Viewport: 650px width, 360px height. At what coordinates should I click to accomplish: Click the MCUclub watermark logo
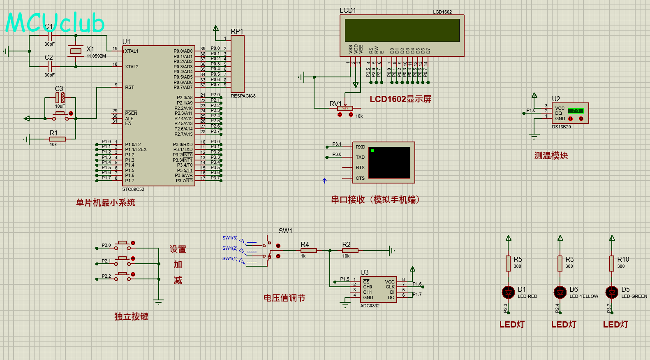[x=55, y=23]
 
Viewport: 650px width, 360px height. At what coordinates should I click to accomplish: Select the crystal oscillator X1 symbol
[x=76, y=51]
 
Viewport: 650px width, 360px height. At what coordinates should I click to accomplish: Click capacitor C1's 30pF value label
[x=49, y=44]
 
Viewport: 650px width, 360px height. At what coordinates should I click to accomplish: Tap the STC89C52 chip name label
[x=133, y=190]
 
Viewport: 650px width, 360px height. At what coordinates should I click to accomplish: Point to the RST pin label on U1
[x=130, y=87]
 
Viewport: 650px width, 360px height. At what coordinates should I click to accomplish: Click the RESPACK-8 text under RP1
[x=243, y=96]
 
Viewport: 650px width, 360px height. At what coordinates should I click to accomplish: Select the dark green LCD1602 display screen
[x=402, y=30]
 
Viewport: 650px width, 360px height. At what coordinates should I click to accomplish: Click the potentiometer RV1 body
[x=345, y=108]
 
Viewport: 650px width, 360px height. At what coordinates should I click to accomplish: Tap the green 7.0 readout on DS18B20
[x=576, y=111]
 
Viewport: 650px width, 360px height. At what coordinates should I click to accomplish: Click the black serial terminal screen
[x=389, y=163]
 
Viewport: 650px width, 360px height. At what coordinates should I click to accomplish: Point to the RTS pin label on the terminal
[x=360, y=167]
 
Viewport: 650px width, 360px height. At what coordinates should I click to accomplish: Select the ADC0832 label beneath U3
[x=370, y=306]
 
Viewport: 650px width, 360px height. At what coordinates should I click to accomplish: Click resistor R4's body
[x=308, y=250]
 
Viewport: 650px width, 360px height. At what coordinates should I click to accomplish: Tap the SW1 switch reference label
[x=285, y=231]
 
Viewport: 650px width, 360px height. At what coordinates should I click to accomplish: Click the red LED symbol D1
[x=509, y=292]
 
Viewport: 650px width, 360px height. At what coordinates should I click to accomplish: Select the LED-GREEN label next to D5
[x=634, y=296]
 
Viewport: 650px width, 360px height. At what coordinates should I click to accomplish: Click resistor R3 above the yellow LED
[x=560, y=263]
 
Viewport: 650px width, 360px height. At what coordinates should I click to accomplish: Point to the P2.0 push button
[x=123, y=246]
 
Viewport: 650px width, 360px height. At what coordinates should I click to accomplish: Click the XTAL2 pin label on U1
[x=132, y=67]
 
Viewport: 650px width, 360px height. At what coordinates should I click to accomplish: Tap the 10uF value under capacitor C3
[x=60, y=106]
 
